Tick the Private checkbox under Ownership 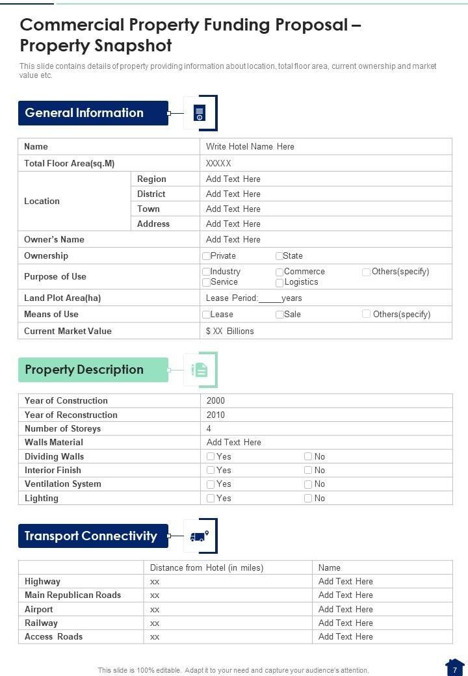(206, 256)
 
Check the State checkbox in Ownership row (279, 256)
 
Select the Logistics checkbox (279, 283)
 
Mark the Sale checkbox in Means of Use (279, 315)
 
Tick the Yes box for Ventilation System (211, 484)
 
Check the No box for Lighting (308, 499)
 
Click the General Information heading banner (93, 113)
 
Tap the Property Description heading (93, 370)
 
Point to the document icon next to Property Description (200, 370)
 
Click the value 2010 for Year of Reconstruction (216, 415)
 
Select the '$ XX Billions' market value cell (230, 331)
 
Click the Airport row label (39, 609)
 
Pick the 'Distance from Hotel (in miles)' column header (207, 567)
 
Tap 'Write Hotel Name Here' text (250, 147)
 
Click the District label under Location (151, 194)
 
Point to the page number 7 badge (455, 668)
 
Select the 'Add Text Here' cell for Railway (346, 623)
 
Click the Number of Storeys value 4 (209, 429)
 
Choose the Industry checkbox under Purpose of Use (206, 272)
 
